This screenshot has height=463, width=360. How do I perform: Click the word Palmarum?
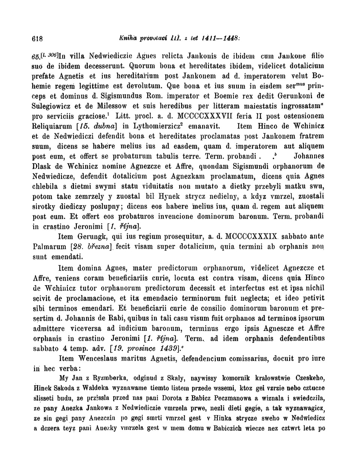coord(50,247)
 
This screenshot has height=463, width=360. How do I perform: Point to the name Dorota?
coord(169,398)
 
